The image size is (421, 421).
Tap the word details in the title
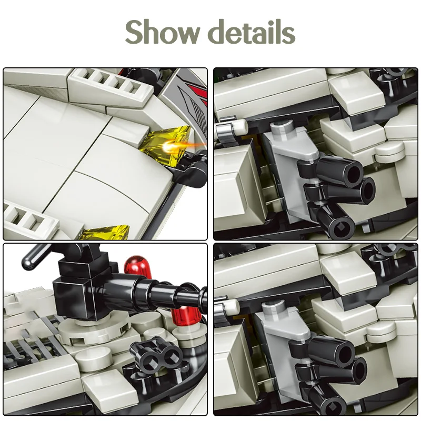(x=252, y=33)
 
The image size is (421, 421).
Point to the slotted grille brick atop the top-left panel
(x=113, y=84)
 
